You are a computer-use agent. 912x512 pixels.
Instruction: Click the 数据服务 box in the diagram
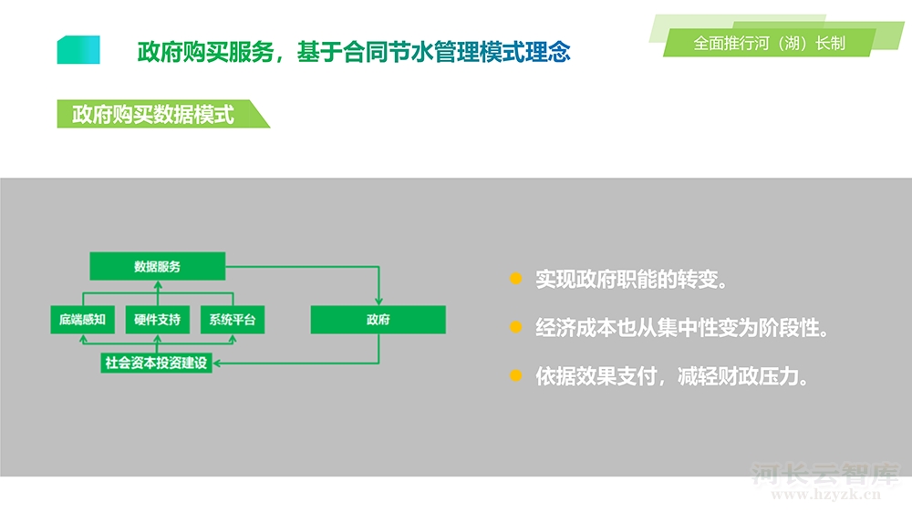(158, 266)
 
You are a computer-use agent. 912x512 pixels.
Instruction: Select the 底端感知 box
(83, 320)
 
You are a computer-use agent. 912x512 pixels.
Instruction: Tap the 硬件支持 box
(158, 320)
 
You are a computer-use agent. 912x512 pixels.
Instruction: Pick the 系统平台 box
(233, 320)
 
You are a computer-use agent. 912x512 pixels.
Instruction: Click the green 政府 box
(378, 320)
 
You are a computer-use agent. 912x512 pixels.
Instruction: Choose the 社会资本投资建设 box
(157, 363)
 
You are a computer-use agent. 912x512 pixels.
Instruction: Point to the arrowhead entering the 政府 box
(378, 301)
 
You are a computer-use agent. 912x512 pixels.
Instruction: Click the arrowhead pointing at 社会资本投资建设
(217, 364)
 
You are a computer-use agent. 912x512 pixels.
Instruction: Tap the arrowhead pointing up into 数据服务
(158, 285)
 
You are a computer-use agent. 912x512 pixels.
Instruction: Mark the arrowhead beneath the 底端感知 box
(83, 338)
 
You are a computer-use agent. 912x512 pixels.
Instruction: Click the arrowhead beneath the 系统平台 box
(233, 338)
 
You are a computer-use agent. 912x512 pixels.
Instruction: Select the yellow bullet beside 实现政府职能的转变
(515, 279)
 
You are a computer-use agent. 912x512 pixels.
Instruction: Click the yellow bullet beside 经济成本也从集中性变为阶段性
(515, 327)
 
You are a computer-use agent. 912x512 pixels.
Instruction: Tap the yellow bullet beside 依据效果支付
(515, 376)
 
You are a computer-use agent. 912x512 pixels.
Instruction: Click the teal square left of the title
(78, 50)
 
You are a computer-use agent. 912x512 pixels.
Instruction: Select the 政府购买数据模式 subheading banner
(163, 114)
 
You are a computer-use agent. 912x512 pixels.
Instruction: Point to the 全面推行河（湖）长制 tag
(769, 43)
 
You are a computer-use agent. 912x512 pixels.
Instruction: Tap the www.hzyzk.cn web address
(826, 495)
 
